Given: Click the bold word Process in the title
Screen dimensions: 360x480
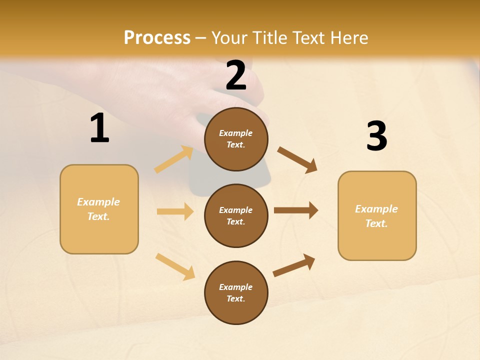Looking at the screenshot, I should pos(157,38).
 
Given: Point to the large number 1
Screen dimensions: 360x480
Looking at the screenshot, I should pos(99,128).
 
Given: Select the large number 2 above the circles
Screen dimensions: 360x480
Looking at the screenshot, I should pos(236,76).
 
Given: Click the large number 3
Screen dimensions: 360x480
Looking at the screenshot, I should pos(376,136).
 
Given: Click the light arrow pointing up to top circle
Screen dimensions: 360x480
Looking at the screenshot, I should pos(174,159).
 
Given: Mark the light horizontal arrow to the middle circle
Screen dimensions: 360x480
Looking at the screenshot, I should pos(175,211).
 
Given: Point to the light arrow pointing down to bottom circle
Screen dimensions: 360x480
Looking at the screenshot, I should pos(175,266).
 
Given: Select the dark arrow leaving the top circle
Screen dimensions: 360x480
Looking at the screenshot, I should pos(297,159).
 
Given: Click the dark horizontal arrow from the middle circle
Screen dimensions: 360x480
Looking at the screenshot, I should pos(296,210).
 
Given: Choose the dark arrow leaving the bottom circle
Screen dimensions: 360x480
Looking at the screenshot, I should pos(294,265).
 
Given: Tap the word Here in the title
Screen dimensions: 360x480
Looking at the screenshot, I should pos(349,38).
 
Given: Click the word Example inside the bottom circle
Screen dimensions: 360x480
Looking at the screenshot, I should pos(236,287).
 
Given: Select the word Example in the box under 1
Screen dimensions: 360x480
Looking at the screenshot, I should pos(98,202).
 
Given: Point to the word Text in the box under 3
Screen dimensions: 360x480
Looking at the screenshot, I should pos(375,223).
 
